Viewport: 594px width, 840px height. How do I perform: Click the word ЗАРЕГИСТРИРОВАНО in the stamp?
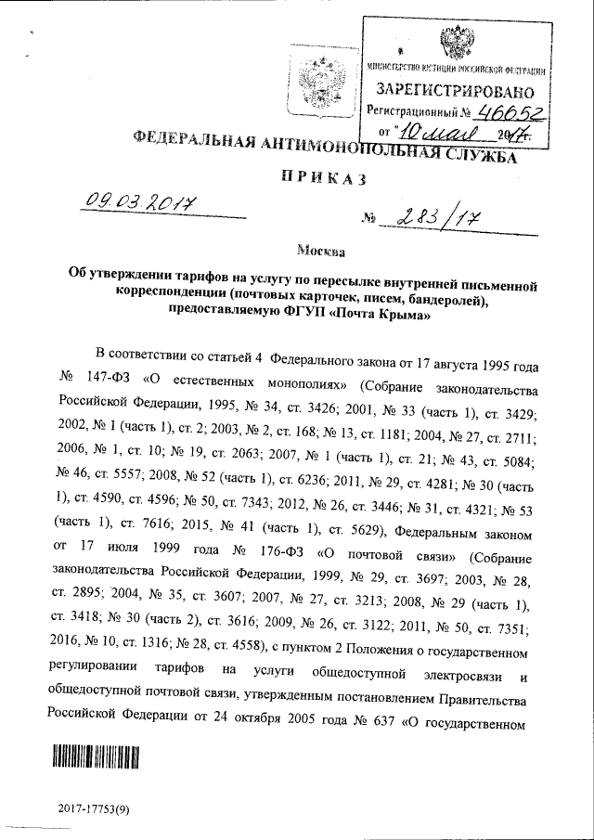click(455, 91)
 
